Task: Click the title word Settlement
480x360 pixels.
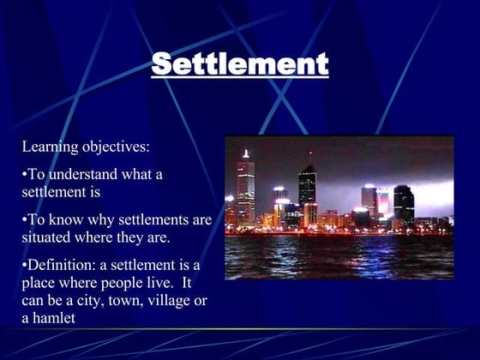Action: point(240,63)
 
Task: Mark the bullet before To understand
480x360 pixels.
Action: point(24,175)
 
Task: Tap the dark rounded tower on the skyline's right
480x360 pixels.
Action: point(404,204)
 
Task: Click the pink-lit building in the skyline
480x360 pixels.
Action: point(382,203)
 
